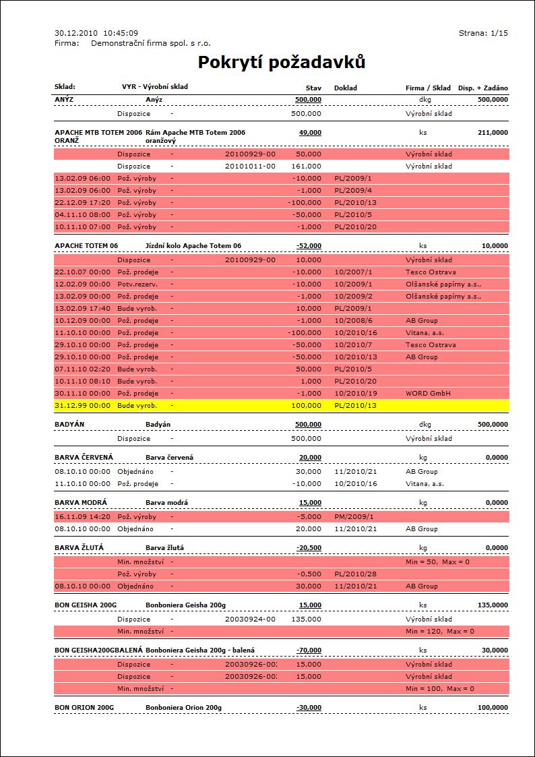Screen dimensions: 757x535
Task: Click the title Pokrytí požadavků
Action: [x=282, y=63]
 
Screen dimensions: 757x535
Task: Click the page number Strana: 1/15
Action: [x=483, y=33]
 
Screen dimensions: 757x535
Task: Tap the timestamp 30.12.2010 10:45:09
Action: [x=96, y=33]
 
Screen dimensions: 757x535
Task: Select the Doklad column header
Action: [x=346, y=88]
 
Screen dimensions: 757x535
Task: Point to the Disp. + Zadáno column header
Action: [x=483, y=88]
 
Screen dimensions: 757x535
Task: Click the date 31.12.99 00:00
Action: [x=82, y=406]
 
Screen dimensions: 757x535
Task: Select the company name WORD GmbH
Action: [x=428, y=394]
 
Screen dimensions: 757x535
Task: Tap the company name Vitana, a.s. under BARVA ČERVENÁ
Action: [x=426, y=484]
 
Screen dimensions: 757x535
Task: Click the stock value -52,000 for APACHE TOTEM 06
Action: [x=309, y=246]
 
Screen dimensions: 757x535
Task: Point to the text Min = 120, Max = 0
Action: [x=440, y=632]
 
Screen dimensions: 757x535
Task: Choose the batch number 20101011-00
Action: [x=250, y=166]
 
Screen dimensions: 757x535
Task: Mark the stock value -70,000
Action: [x=309, y=650]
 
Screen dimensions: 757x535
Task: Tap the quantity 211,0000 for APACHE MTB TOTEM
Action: [x=493, y=133]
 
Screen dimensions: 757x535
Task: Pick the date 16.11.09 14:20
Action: [x=82, y=517]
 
